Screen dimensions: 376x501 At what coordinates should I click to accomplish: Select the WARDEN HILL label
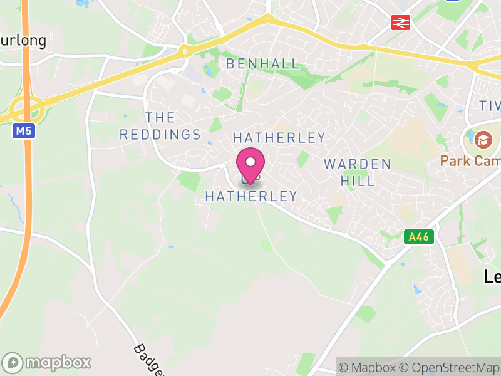pyautogui.click(x=358, y=172)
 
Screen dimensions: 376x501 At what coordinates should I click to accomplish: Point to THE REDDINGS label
pyautogui.click(x=160, y=126)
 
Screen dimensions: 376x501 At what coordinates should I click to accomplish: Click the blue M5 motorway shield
pyautogui.click(x=23, y=131)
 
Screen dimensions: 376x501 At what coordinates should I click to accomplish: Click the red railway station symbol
pyautogui.click(x=400, y=23)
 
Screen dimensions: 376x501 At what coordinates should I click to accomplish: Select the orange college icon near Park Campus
pyautogui.click(x=483, y=138)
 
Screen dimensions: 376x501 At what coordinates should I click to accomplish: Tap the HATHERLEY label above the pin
pyautogui.click(x=279, y=138)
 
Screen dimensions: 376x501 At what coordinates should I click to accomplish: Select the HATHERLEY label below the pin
pyautogui.click(x=251, y=196)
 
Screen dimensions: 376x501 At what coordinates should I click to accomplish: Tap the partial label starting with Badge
pyautogui.click(x=148, y=360)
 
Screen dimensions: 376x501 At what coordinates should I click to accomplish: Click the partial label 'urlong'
pyautogui.click(x=23, y=41)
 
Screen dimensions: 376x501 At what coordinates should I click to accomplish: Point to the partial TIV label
pyautogui.click(x=490, y=105)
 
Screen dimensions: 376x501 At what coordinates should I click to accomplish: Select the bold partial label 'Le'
pyautogui.click(x=492, y=276)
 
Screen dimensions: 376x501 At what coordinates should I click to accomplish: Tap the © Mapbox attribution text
pyautogui.click(x=368, y=367)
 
